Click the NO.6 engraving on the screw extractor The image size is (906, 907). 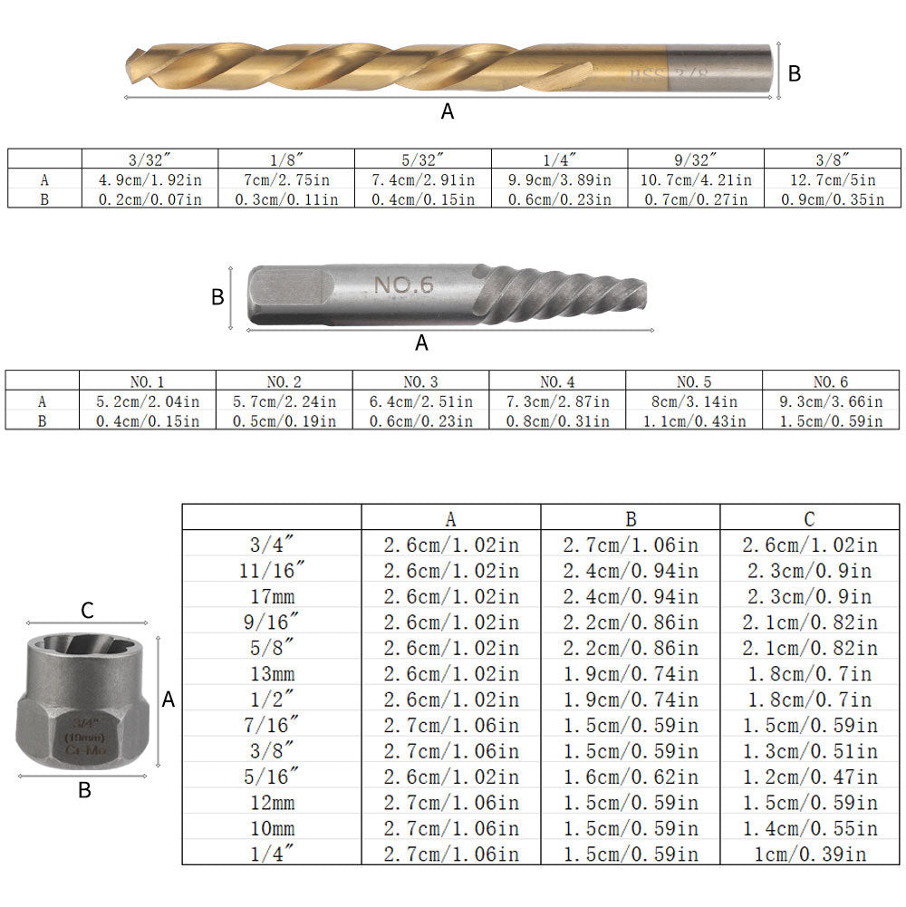pos(404,285)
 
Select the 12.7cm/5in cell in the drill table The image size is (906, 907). pos(833,179)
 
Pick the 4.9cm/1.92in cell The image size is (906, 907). pos(149,179)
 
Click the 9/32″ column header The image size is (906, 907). pos(696,159)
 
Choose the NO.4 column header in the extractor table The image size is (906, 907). pos(557,381)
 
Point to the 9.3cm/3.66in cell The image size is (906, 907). pos(833,401)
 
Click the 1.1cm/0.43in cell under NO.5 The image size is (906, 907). pos(694,420)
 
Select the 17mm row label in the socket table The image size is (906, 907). pos(273,596)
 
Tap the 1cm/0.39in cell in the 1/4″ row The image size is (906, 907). pos(809,853)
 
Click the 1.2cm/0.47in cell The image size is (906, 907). pos(809,776)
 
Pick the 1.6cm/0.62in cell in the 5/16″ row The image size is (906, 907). pos(631,776)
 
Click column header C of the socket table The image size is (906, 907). pos(809,518)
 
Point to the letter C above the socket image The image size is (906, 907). pos(87,611)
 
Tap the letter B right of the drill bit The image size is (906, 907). pos(795,74)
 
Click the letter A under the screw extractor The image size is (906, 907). pos(421,343)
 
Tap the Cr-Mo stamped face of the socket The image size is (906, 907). pos(86,734)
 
